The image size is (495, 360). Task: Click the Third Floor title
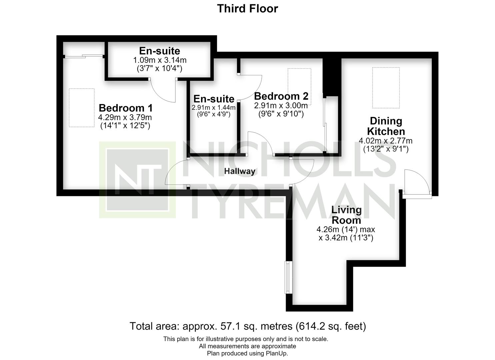(x=247, y=9)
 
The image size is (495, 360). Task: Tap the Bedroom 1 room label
(x=126, y=108)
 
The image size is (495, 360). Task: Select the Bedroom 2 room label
(x=281, y=96)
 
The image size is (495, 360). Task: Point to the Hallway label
(x=240, y=171)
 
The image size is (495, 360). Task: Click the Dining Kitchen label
(x=386, y=126)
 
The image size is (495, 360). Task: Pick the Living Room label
(x=346, y=215)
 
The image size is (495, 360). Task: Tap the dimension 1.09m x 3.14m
(x=160, y=60)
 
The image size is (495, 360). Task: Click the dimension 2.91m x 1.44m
(x=213, y=108)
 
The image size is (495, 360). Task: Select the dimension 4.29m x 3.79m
(x=125, y=117)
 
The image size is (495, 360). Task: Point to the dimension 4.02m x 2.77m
(x=386, y=141)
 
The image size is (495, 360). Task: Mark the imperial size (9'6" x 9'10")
(x=281, y=114)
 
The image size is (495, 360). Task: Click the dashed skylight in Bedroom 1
(x=82, y=108)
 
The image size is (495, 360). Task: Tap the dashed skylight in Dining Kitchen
(x=386, y=88)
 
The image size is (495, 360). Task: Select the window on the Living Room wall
(x=288, y=277)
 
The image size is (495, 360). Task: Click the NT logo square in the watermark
(x=137, y=180)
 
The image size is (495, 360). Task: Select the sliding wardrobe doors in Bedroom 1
(x=84, y=56)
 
